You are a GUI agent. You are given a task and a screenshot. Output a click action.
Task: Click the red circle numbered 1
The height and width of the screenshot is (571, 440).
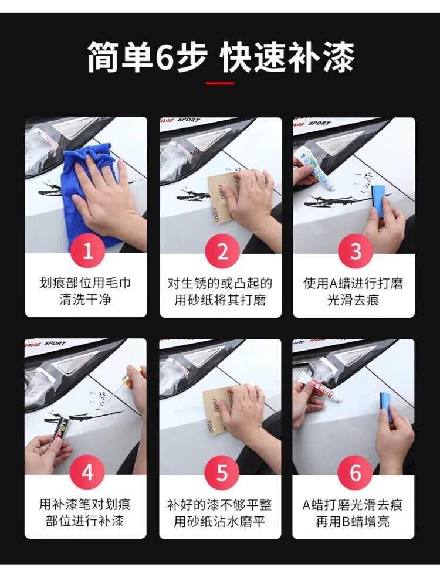(x=88, y=251)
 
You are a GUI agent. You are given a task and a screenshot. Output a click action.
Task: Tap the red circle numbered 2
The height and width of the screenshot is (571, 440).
(x=222, y=251)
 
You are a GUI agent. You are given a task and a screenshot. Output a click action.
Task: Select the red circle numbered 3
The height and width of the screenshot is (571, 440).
(x=356, y=251)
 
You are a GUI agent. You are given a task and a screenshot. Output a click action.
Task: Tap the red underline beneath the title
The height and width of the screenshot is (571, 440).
(x=219, y=83)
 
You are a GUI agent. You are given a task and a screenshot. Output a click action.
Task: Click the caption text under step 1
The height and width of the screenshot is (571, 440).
(x=85, y=292)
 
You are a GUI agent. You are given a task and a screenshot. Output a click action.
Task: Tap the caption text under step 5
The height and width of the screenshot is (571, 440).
(x=219, y=513)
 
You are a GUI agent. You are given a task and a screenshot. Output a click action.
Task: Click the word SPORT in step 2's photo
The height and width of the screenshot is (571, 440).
(x=189, y=120)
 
